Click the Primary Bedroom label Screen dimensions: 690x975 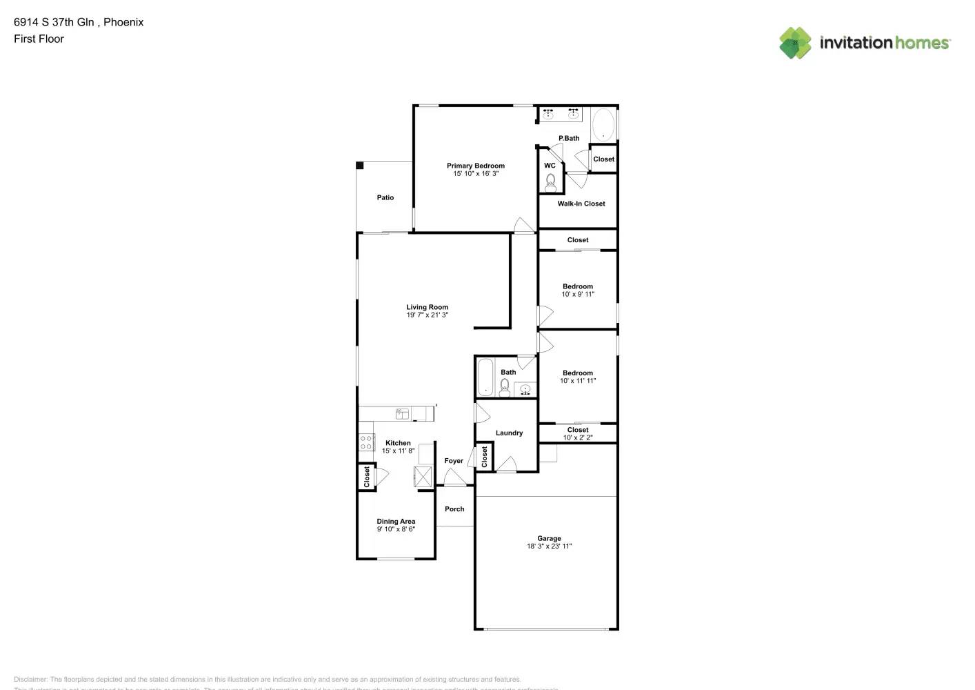476,166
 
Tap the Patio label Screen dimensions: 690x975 385,198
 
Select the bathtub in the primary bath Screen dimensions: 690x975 603,125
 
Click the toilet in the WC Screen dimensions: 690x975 551,182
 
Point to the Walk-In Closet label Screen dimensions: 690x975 581,204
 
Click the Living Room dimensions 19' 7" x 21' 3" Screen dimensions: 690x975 428,315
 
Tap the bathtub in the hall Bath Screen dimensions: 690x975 485,377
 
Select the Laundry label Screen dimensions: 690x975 509,433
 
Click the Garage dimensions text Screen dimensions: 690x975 550,546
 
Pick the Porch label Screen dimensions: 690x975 454,509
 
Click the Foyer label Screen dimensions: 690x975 454,461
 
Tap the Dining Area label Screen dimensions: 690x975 396,522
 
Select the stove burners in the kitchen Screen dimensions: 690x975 365,442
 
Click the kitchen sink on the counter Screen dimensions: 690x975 402,414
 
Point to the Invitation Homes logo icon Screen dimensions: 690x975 795,43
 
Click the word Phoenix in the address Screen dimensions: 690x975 123,22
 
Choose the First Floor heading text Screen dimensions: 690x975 39,39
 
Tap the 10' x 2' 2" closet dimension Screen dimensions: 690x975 578,437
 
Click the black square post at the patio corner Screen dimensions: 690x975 359,166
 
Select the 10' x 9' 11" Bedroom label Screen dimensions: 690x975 578,286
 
